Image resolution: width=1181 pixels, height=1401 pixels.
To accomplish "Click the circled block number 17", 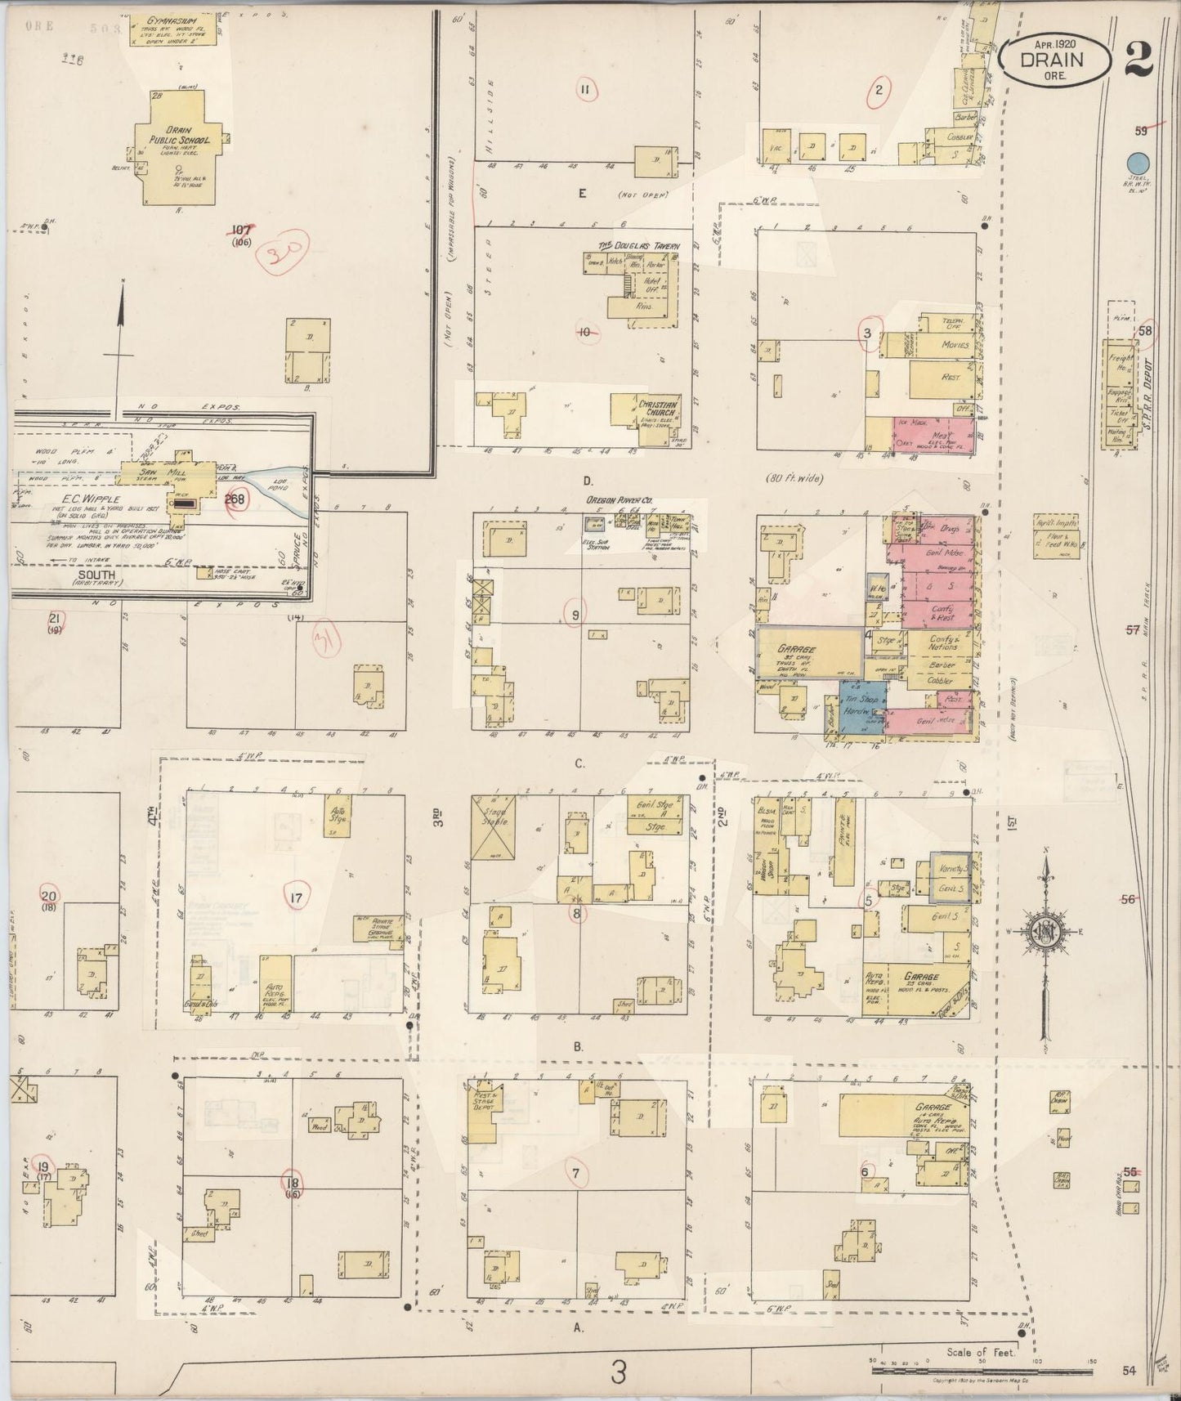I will point(296,898).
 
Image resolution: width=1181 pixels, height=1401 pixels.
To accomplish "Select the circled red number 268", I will point(236,502).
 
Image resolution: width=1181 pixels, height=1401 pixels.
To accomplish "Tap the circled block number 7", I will point(576,1175).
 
